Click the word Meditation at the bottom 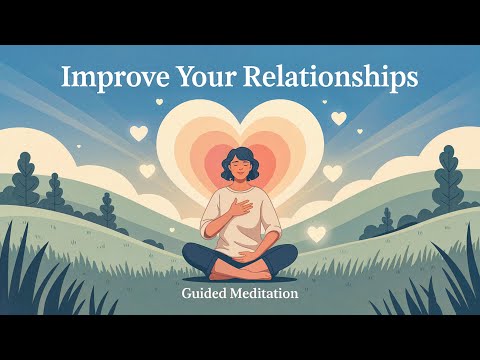(x=265, y=295)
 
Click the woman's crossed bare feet (x=240, y=270)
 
